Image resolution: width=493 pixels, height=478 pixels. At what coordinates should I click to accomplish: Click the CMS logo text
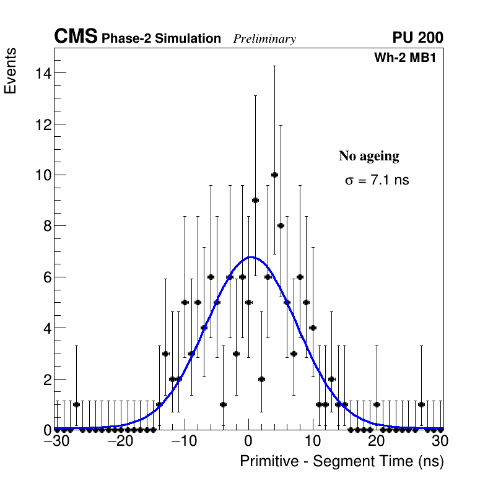click(76, 37)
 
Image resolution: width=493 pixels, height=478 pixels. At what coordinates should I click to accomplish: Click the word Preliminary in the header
click(264, 39)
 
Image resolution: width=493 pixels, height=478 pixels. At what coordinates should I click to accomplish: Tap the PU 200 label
click(417, 38)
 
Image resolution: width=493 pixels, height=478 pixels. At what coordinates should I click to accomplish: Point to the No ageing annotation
click(369, 156)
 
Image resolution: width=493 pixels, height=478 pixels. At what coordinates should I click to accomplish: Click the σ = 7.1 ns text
click(377, 181)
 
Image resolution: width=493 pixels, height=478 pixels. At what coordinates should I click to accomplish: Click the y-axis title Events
click(11, 71)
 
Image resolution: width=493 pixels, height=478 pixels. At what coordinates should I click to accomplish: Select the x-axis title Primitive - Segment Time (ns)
click(342, 462)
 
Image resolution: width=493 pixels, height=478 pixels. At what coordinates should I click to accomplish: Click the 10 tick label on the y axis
click(42, 175)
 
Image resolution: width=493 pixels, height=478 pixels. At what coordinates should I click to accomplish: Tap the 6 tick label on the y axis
click(46, 277)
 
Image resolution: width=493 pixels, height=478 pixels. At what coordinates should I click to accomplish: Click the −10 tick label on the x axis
click(184, 441)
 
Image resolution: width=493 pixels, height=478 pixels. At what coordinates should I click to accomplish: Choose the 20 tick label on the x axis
click(377, 441)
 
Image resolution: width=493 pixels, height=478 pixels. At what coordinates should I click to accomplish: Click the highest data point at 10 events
click(274, 175)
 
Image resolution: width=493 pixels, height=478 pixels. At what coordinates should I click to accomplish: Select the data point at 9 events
click(255, 200)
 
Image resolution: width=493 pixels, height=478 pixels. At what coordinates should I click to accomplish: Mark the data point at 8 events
click(281, 225)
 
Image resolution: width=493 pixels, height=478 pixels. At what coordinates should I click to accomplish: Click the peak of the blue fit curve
click(251, 257)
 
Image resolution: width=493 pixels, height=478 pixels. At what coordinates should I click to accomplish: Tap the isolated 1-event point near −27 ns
click(76, 404)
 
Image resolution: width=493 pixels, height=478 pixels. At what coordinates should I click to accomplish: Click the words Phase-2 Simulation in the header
click(161, 39)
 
